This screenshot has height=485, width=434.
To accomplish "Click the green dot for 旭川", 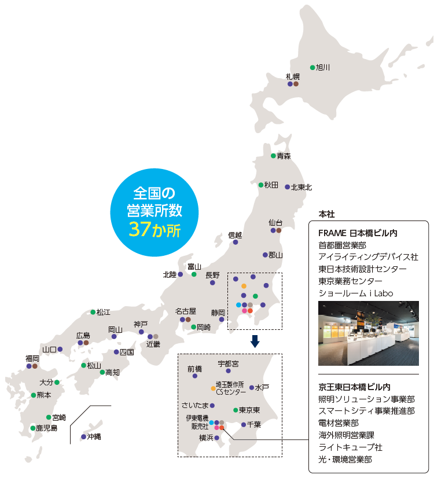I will click(312, 67).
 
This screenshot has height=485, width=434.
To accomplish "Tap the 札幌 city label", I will click(293, 76).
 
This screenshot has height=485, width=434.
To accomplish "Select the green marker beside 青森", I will click(274, 156).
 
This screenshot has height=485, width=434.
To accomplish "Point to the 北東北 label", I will click(301, 187).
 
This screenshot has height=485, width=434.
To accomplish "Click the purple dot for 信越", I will click(236, 242).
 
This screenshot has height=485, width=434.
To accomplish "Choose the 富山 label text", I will click(194, 266).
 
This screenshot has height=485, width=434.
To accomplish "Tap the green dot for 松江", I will click(93, 312).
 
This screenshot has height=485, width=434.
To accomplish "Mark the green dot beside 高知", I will click(102, 372).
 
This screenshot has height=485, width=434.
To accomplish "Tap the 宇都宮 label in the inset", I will click(228, 364).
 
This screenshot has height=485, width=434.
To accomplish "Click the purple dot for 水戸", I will click(252, 387).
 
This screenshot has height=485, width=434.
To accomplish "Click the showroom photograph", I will click(369, 333).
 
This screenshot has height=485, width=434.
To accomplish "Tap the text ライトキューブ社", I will click(350, 447).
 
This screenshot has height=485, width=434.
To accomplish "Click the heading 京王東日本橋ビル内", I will click(354, 387).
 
